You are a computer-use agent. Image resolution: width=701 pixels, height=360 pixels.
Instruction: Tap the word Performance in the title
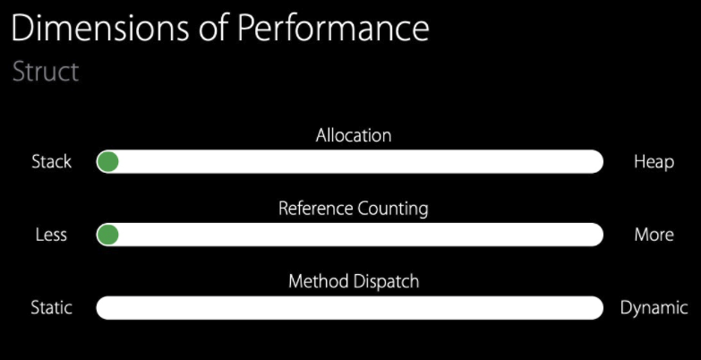click(333, 29)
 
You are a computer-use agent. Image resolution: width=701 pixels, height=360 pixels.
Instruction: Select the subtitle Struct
click(46, 72)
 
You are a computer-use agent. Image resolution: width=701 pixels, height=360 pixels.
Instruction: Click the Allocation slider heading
click(354, 136)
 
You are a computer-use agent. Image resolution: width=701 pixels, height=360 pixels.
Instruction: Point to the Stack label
click(51, 162)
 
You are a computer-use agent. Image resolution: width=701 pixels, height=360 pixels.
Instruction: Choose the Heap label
click(654, 162)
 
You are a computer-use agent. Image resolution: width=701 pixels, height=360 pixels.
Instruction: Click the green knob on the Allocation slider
click(108, 162)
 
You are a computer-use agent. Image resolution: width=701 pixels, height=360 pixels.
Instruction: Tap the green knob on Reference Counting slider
click(108, 235)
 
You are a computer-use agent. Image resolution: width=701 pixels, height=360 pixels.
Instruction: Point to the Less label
click(51, 235)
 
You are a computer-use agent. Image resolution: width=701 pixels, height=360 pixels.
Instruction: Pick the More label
click(654, 235)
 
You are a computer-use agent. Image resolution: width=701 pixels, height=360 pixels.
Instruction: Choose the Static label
click(51, 307)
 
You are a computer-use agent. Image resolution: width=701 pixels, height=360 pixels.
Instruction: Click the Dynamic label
click(654, 308)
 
